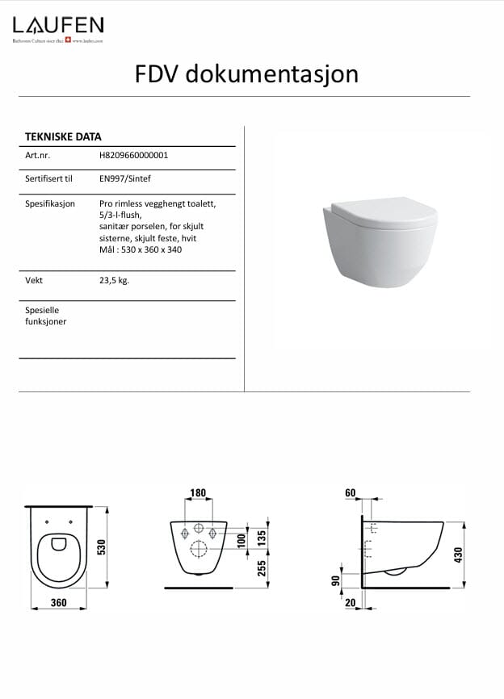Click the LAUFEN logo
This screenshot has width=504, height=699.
57,24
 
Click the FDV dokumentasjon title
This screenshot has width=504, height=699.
246,74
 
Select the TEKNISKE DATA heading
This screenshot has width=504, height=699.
63,136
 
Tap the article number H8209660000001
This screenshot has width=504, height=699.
133,156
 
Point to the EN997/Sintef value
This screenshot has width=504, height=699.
124,180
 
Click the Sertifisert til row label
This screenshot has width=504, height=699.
49,180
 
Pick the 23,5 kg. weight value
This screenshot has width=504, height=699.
114,280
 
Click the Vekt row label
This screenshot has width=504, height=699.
34,280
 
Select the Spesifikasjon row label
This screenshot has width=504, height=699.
50,203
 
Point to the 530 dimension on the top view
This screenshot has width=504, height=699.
102,546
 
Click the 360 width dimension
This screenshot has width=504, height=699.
57,603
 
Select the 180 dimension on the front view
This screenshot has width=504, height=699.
197,493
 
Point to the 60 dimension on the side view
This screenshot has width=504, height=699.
350,492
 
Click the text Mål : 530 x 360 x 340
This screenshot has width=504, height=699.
140,249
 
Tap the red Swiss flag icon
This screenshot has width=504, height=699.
67,39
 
